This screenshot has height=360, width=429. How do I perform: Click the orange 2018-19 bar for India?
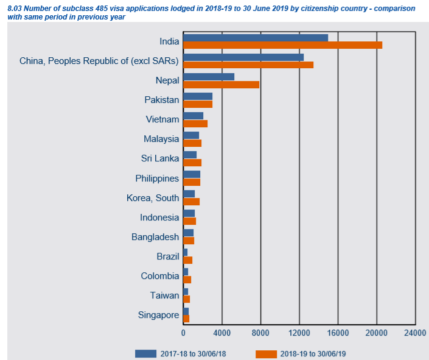pyautogui.click(x=282, y=45)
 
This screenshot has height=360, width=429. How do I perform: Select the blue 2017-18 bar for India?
pyautogui.click(x=256, y=38)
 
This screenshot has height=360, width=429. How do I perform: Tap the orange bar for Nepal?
pyautogui.click(x=221, y=84)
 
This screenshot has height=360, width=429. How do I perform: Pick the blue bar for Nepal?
pyautogui.click(x=209, y=77)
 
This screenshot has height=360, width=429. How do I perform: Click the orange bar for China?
pyautogui.click(x=248, y=65)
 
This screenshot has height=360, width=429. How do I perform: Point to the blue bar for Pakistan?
pyautogui.click(x=198, y=96)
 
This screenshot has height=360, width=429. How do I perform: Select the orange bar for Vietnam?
pyautogui.click(x=195, y=124)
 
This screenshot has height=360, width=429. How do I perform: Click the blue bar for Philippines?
pyautogui.click(x=192, y=174)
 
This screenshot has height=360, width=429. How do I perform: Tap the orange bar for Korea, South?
pyautogui.click(x=191, y=202)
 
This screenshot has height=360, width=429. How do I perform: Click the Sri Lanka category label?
pyautogui.click(x=160, y=158)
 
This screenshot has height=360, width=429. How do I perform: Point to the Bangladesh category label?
pyautogui.click(x=155, y=237)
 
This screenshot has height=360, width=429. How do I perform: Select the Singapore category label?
pyautogui.click(x=158, y=315)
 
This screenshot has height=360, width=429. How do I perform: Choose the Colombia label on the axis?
pyautogui.click(x=160, y=276)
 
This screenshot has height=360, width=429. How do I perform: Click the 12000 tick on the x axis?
pyautogui.click(x=299, y=333)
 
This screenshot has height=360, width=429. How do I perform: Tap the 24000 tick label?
pyautogui.click(x=415, y=333)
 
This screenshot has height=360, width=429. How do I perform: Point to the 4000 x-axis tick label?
pyautogui.click(x=222, y=333)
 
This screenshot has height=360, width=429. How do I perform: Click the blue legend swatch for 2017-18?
pyautogui.click(x=146, y=353)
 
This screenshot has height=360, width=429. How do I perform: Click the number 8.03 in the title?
pyautogui.click(x=15, y=8)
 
